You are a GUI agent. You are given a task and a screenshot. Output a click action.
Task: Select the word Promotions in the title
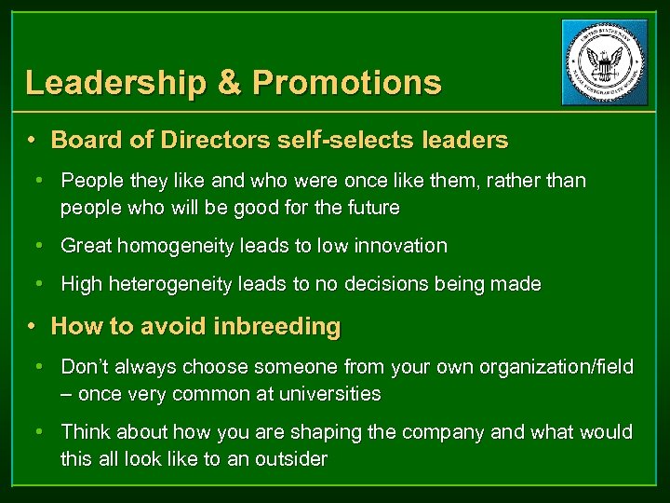(346, 83)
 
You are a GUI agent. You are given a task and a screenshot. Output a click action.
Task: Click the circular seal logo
(604, 62)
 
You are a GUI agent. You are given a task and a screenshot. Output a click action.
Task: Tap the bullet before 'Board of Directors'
(32, 141)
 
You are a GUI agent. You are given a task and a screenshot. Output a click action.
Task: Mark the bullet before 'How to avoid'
(32, 327)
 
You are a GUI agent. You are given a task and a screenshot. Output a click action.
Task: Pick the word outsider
(289, 459)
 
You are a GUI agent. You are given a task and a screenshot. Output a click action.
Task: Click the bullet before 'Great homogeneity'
(41, 246)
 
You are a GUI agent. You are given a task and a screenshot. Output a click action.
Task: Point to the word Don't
(87, 368)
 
